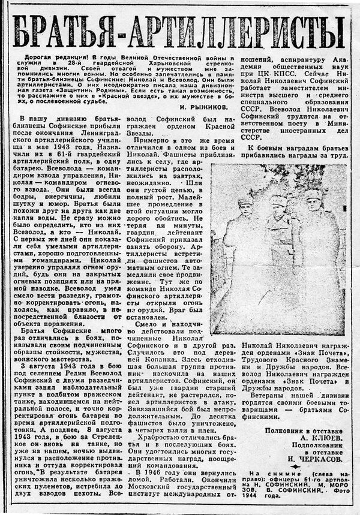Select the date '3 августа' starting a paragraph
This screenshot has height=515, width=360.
click(40, 365)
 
